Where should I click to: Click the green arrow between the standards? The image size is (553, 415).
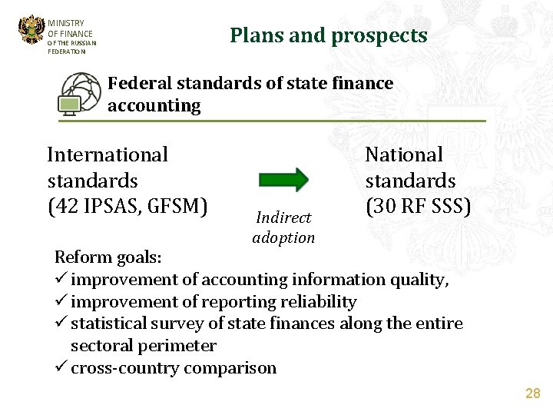(283, 179)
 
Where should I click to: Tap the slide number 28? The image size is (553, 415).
(532, 393)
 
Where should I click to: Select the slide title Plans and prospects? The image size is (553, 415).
(328, 35)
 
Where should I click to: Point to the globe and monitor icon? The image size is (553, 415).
(80, 94)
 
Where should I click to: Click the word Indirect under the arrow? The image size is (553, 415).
(283, 218)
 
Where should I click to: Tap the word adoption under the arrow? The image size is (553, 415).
(283, 237)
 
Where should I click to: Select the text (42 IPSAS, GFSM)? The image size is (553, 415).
(127, 207)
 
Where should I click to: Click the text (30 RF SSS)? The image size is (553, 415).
(418, 207)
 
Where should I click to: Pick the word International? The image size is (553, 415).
(107, 155)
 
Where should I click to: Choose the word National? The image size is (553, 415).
(404, 155)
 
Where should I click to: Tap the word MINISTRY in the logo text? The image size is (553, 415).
(66, 24)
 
